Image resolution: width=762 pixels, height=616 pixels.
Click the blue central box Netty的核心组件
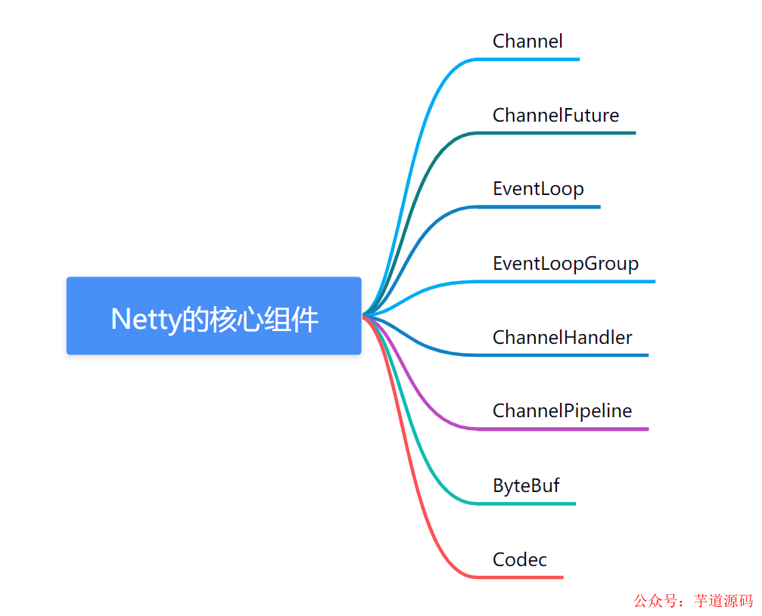[213, 316]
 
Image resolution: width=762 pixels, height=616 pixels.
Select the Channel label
[527, 41]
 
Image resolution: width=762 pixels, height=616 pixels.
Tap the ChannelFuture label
[555, 115]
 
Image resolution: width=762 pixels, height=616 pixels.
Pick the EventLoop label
[538, 188]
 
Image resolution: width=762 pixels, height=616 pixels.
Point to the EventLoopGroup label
[565, 263]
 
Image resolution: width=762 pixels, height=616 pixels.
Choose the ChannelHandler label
[562, 337]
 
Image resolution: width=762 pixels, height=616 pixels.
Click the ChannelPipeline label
[562, 410]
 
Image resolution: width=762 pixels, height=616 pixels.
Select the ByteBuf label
[526, 485]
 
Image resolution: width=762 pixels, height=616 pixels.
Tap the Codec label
[519, 559]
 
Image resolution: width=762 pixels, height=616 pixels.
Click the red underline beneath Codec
[522, 577]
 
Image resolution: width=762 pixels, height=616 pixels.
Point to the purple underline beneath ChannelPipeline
[564, 429]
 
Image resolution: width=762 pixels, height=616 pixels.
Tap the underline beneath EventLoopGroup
[568, 281]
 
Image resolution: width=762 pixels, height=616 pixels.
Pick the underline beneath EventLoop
[541, 206]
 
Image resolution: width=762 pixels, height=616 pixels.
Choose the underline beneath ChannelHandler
[564, 354]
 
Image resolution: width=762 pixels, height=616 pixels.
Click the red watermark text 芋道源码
[723, 601]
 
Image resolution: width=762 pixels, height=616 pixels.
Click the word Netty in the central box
[145, 320]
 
